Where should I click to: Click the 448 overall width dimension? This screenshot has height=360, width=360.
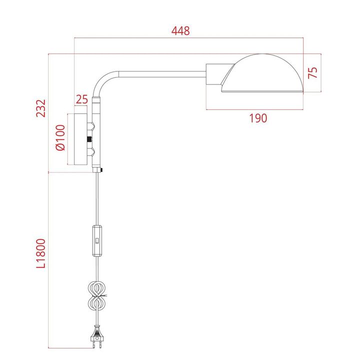point(180,31)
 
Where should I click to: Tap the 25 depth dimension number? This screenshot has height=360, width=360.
point(81,98)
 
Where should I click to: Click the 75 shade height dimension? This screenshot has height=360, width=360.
point(313,72)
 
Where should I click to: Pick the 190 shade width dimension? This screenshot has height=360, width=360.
point(257,118)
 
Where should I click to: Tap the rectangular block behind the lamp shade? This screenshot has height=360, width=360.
point(216,76)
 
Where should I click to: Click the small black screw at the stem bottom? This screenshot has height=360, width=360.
point(101,171)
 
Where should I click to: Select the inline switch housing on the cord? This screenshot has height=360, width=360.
point(97,241)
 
